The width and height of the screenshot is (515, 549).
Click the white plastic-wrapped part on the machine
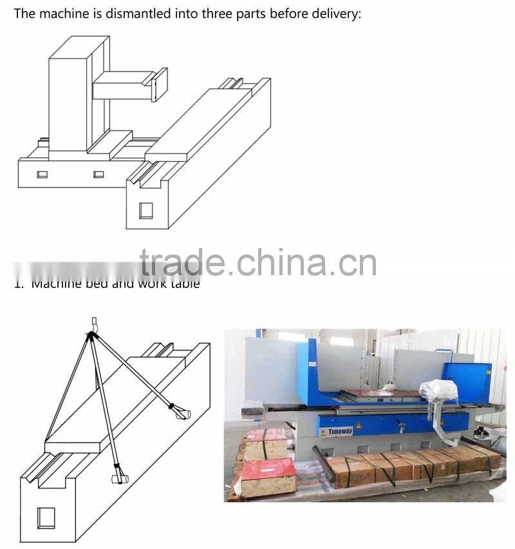click(x=435, y=391)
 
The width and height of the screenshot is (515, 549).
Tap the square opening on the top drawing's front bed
click(x=147, y=211)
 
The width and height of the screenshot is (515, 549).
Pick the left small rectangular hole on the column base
click(x=42, y=174)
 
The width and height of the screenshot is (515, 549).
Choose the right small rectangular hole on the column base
click(x=98, y=174)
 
